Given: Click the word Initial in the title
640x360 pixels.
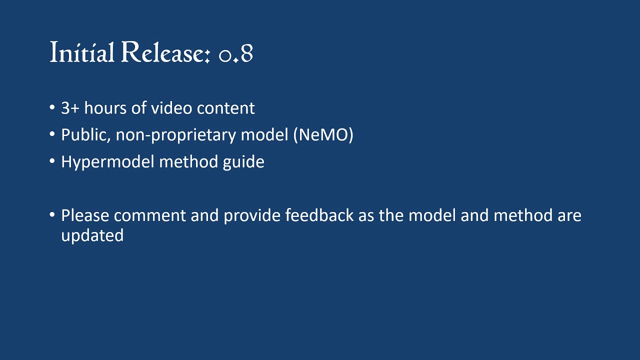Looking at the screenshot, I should click(82, 52).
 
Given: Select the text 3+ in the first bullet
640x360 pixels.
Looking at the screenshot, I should click(70, 108).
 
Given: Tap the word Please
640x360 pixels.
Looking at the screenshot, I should click(85, 216).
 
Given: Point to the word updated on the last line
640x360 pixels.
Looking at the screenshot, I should click(92, 236).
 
